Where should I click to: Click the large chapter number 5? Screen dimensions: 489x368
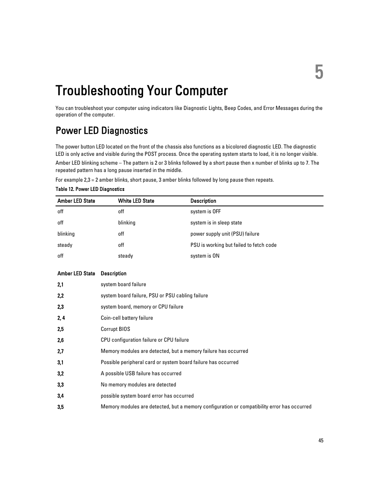pyautogui.click(x=319, y=73)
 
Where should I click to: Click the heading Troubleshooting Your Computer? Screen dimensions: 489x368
pyautogui.click(x=142, y=91)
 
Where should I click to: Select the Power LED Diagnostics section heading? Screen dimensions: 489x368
pyautogui.click(x=101, y=131)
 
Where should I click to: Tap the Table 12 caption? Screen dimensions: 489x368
pyautogui.click(x=90, y=189)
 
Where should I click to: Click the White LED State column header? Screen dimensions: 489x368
pyautogui.click(x=136, y=201)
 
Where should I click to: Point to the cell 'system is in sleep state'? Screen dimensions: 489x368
pyautogui.click(x=216, y=223)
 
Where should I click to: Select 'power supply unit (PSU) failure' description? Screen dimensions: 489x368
pyautogui.click(x=225, y=234)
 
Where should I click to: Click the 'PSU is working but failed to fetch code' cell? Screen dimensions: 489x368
pyautogui.click(x=233, y=245)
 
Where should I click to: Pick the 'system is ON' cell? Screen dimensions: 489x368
pyautogui.click(x=204, y=256)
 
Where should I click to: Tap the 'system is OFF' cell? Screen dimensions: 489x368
pyautogui.click(x=205, y=211)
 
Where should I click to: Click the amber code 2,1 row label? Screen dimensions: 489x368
pyautogui.click(x=61, y=285)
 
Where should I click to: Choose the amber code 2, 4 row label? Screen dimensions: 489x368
pyautogui.click(x=61, y=318)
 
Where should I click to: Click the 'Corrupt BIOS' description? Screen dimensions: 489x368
pyautogui.click(x=115, y=329)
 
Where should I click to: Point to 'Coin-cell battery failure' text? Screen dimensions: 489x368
pyautogui.click(x=127, y=318)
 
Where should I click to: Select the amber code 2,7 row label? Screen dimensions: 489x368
pyautogui.click(x=61, y=351)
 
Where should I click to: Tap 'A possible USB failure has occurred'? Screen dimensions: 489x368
pyautogui.click(x=141, y=373)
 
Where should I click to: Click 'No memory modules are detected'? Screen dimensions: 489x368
pyautogui.click(x=138, y=384)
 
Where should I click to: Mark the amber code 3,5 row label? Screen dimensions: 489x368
pyautogui.click(x=61, y=407)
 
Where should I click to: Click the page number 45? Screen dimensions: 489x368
pyautogui.click(x=321, y=440)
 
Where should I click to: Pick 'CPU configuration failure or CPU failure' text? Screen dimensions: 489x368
pyautogui.click(x=145, y=340)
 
